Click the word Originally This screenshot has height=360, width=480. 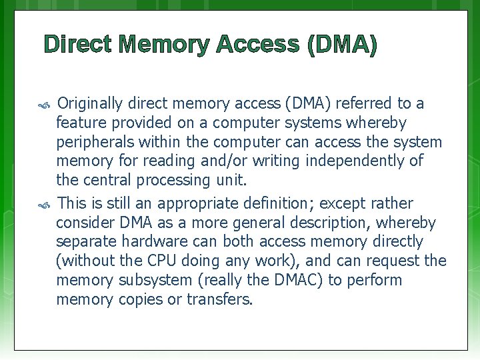[90, 104]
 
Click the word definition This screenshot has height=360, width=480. [279, 203]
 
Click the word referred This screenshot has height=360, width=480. [363, 104]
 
